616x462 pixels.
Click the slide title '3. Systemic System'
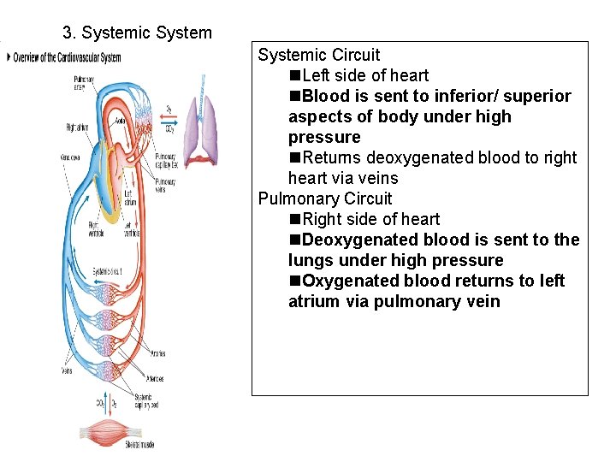click(137, 33)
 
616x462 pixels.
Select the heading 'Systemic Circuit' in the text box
click(318, 56)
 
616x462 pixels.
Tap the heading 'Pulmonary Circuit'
click(325, 198)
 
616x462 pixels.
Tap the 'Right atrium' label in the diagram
click(78, 127)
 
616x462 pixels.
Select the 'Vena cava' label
click(70, 157)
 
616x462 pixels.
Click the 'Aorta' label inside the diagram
click(123, 121)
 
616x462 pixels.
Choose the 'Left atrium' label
click(129, 198)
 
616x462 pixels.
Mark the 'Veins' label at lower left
click(67, 370)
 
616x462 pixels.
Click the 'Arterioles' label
click(156, 377)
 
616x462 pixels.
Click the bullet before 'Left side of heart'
click(295, 76)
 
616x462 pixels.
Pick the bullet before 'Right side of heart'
click(295, 220)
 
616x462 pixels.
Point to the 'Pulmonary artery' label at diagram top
click(84, 82)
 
